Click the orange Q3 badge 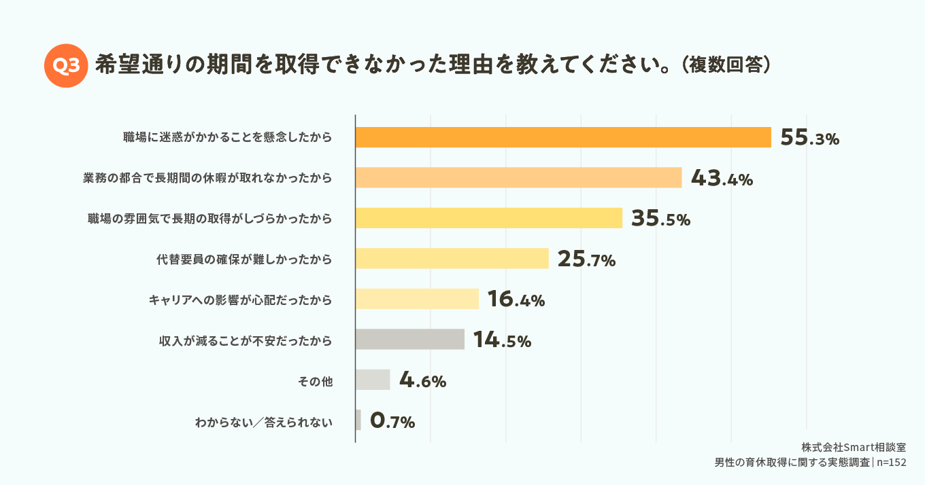[x=66, y=65]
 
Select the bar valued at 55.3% [x=563, y=137]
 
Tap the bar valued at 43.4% [x=518, y=177]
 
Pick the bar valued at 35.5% [x=488, y=218]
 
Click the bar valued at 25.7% [x=452, y=258]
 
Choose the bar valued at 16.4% [x=417, y=299]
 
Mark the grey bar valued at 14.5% [x=409, y=339]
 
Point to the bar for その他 [x=373, y=380]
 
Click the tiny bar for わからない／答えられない [x=358, y=420]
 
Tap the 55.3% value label [x=810, y=138]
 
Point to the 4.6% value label [x=422, y=380]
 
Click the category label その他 [x=315, y=380]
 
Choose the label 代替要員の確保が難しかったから [x=244, y=259]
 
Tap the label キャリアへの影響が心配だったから [x=240, y=300]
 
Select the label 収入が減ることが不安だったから [x=245, y=340]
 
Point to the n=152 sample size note [x=892, y=463]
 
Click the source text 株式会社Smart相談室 [x=854, y=448]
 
